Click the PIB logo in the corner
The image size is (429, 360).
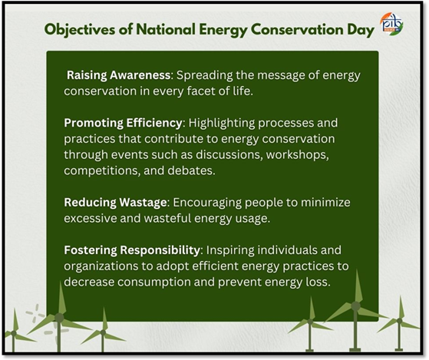[392, 24]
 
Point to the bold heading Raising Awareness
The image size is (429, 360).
[118, 75]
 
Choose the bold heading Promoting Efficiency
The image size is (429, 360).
[123, 123]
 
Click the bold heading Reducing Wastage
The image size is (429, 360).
[115, 203]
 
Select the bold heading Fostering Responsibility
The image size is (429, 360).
[132, 250]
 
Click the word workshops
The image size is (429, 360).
[298, 155]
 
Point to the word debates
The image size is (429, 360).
[191, 170]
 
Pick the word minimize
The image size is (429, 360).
[325, 203]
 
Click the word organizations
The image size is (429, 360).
[101, 266]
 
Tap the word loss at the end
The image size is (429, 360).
[320, 282]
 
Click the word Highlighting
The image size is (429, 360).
[222, 123]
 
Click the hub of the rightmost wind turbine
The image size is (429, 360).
[399, 321]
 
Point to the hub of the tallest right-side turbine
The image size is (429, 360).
[355, 306]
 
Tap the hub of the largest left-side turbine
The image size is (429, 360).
[59, 318]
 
